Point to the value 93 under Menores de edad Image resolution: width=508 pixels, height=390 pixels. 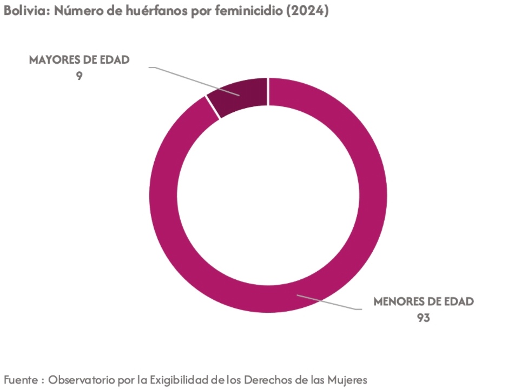pyautogui.click(x=423, y=318)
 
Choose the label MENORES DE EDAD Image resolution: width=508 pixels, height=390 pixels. pyautogui.click(x=424, y=301)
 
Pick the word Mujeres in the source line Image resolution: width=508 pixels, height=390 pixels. pyautogui.click(x=347, y=380)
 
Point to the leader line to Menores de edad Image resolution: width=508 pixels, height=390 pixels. pyautogui.click(x=330, y=302)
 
